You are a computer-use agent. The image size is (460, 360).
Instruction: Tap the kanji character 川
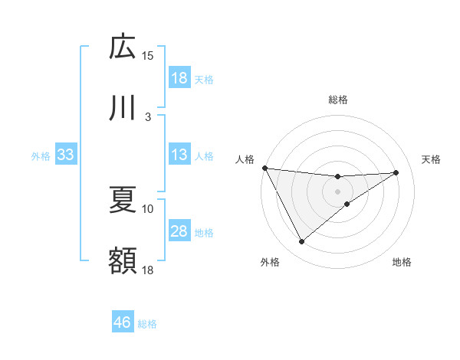pyautogui.click(x=123, y=108)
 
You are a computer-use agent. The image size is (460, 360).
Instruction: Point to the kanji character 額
pyautogui.click(x=123, y=260)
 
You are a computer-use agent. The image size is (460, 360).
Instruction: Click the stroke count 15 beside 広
pyautogui.click(x=148, y=55)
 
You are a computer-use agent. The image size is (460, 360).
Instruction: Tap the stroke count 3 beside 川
pyautogui.click(x=148, y=116)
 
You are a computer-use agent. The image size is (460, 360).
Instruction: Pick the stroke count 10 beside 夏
pyautogui.click(x=148, y=208)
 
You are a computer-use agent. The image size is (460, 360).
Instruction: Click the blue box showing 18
pyautogui.click(x=179, y=78)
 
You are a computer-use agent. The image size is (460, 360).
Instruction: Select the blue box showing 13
pyautogui.click(x=179, y=155)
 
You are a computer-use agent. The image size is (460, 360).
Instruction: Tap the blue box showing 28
pyautogui.click(x=179, y=231)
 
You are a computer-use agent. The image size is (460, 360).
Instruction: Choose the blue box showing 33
pyautogui.click(x=65, y=155)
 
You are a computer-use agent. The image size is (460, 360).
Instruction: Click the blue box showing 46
pyautogui.click(x=123, y=323)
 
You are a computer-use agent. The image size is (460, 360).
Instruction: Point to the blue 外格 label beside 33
pyautogui.click(x=41, y=155)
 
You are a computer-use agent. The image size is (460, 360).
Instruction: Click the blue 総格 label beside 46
pyautogui.click(x=147, y=324)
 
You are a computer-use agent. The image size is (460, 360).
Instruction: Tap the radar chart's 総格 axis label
pyautogui.click(x=338, y=100)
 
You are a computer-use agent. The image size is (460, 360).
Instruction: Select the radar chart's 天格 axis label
pyautogui.click(x=432, y=159)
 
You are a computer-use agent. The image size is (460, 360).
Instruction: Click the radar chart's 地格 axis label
pyautogui.click(x=402, y=263)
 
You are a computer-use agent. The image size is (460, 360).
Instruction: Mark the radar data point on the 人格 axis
pyautogui.click(x=264, y=168)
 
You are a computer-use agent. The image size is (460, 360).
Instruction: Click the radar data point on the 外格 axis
pyautogui.click(x=301, y=242)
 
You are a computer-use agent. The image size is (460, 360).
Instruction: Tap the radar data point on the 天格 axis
pyautogui.click(x=396, y=172)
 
